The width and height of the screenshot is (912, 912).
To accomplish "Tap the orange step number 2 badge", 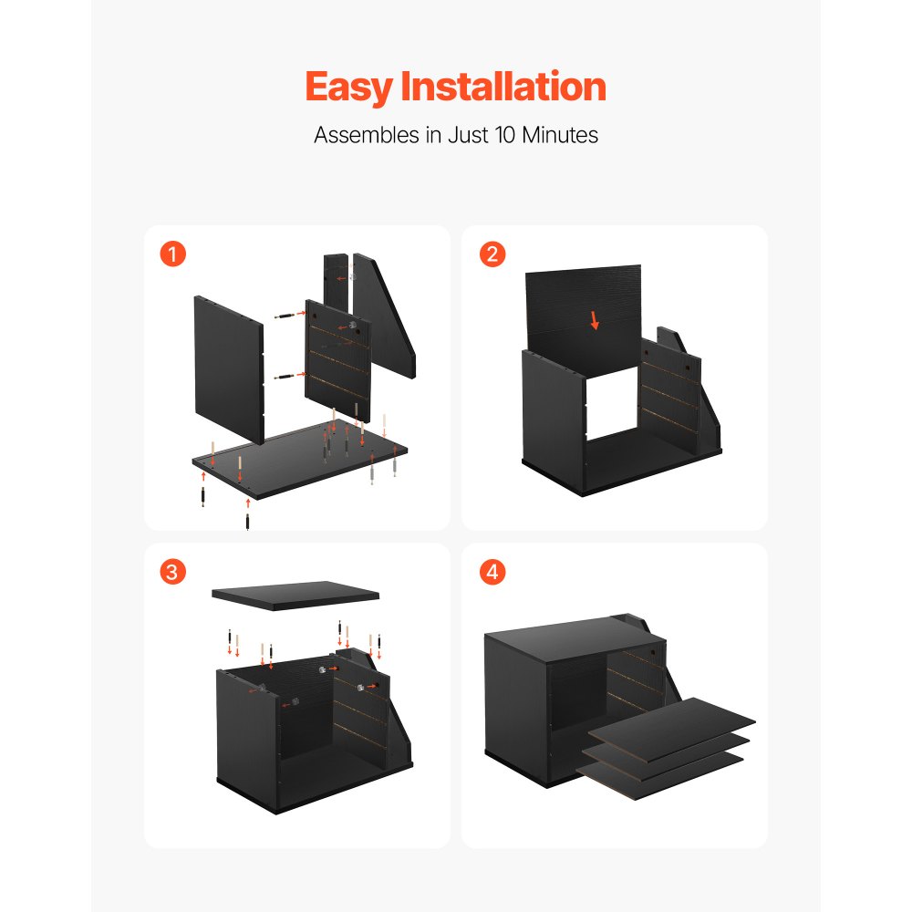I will coord(492,254).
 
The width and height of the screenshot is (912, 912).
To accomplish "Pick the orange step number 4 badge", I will coord(492,572).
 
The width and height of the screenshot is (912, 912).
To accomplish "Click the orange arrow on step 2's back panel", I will coord(595,320).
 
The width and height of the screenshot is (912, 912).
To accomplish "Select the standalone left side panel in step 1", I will coord(228,365).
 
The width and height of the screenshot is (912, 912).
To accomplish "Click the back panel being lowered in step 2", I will coord(584,301).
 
